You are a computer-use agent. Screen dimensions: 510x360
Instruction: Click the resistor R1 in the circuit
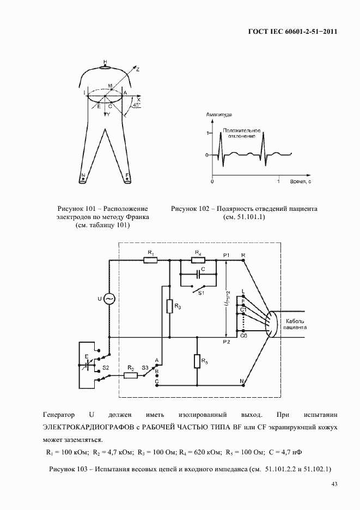151,260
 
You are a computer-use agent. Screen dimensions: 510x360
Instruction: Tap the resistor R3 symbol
170,306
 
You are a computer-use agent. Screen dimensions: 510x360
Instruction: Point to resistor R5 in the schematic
197,361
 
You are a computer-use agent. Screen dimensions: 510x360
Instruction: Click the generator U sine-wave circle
108,299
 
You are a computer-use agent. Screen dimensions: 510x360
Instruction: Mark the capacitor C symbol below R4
197,275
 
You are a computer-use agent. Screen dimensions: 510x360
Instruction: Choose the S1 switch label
201,294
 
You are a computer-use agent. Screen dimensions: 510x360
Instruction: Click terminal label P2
227,342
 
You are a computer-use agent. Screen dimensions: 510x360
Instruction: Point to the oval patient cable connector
271,326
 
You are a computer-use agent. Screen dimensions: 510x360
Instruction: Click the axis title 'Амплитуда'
219,116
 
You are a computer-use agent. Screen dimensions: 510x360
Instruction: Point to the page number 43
334,485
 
